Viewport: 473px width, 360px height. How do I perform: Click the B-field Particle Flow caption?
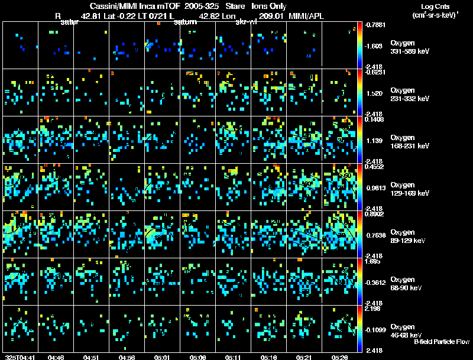(441, 342)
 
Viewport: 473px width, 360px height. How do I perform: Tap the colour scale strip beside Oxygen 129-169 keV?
(360, 187)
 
